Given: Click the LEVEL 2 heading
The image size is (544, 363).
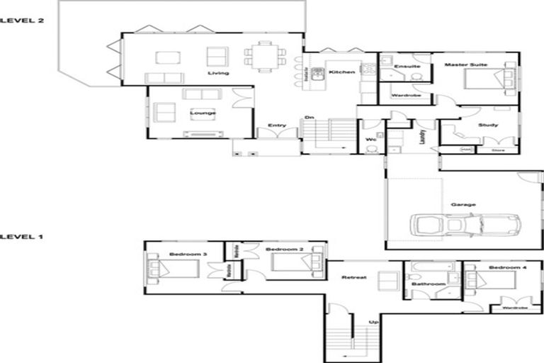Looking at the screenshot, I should click(x=22, y=21).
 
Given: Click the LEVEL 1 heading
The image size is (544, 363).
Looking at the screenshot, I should click(x=22, y=236).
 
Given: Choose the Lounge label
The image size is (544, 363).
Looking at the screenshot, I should click(x=202, y=113).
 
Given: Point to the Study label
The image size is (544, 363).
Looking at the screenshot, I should click(x=488, y=125).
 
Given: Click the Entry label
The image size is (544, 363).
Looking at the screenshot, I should click(x=276, y=127).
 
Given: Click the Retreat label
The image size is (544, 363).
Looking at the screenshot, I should click(x=353, y=277).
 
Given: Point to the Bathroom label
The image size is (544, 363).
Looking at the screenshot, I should click(x=429, y=284).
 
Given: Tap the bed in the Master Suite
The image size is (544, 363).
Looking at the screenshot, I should click(x=487, y=78).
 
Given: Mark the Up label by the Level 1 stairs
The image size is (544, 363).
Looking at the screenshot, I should click(x=372, y=322).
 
